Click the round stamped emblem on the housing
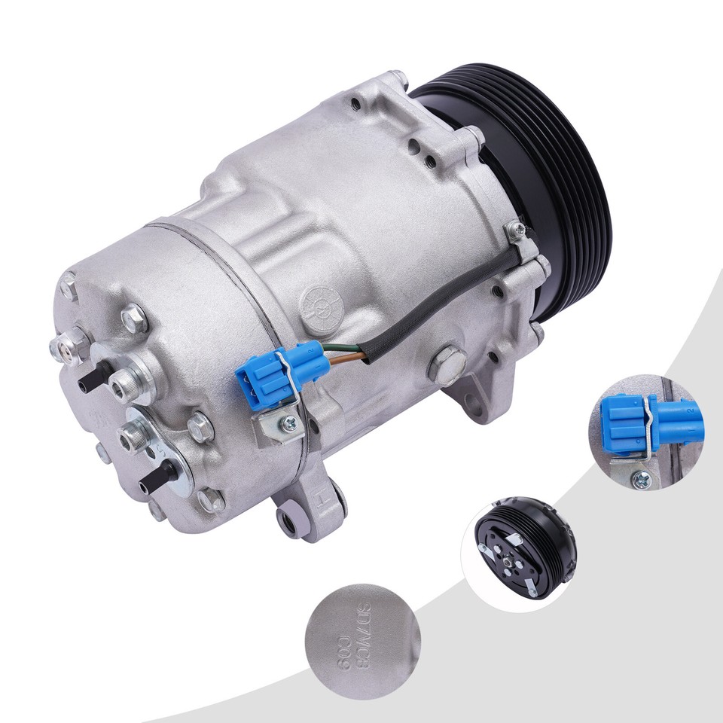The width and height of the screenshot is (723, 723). (317, 304)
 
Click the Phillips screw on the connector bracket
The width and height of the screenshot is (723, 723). (289, 426)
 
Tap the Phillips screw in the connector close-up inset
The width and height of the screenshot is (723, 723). (641, 476)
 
